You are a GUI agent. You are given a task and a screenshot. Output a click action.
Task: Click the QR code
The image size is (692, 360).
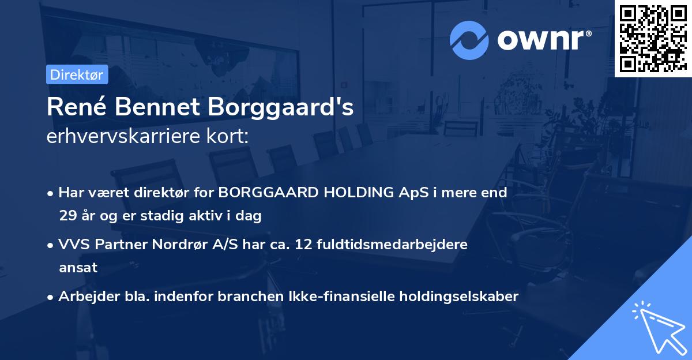pos(653,39)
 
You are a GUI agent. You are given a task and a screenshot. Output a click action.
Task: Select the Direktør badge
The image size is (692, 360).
pos(77,74)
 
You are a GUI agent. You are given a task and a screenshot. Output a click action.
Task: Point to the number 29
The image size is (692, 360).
pos(67,216)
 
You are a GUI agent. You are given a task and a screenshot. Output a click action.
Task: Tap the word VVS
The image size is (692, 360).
pos(73,244)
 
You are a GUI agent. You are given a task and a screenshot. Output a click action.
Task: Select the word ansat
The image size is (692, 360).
pos(78,268)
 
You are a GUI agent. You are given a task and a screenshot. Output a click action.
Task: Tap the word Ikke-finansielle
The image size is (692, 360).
pos(340,296)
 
